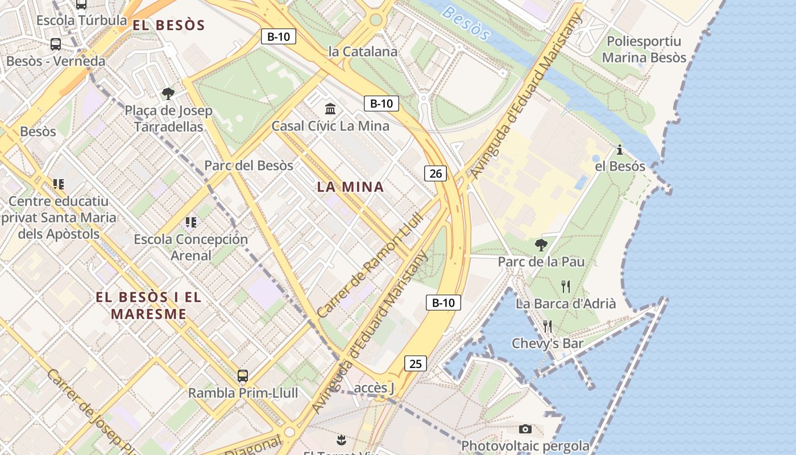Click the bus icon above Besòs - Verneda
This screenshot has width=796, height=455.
(56, 44)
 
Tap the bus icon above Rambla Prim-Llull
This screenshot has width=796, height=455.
(243, 375)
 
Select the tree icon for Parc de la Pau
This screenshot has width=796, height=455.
(541, 245)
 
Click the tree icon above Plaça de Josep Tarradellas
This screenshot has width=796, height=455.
(168, 93)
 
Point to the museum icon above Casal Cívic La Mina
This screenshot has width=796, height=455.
(330, 108)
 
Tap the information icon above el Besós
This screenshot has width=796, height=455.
(619, 150)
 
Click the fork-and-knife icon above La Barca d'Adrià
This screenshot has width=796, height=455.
(565, 286)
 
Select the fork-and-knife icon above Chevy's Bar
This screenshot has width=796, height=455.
(548, 326)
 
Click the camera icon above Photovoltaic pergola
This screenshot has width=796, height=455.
(525, 429)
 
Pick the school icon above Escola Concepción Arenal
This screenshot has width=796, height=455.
(190, 222)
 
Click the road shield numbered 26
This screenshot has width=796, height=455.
(436, 173)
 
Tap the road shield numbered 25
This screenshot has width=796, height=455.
(416, 363)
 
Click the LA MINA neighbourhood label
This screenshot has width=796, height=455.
(350, 187)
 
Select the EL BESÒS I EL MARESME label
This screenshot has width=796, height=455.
(148, 305)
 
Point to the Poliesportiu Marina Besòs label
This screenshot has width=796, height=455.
(644, 49)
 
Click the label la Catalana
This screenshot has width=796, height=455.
(363, 51)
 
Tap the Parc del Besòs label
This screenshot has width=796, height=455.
(248, 166)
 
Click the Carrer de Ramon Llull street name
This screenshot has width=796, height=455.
(370, 265)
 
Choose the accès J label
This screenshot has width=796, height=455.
(374, 388)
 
